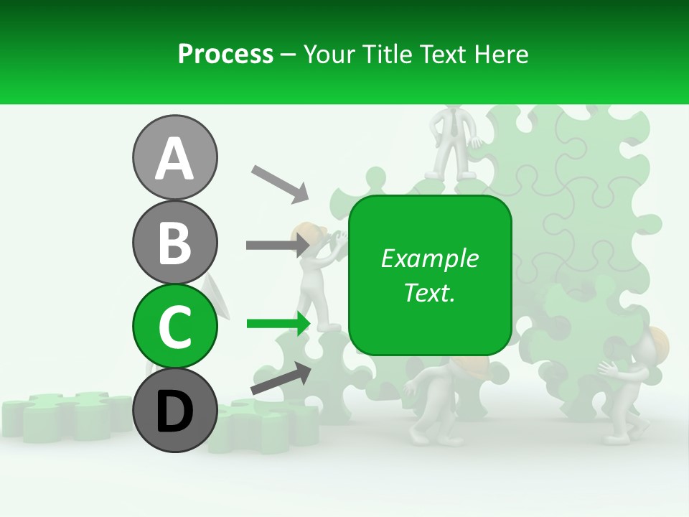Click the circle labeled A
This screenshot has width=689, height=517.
point(174,157)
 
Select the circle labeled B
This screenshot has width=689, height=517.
point(174,242)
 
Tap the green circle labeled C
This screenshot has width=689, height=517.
point(174,326)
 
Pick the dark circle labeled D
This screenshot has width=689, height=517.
point(174,410)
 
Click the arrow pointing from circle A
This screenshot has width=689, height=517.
point(279,182)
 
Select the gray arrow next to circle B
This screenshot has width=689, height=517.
point(277,245)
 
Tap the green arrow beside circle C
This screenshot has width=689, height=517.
point(278,324)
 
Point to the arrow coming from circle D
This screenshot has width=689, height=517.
point(281,378)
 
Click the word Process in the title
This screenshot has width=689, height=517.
point(225,54)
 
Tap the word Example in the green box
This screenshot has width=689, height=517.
point(429,258)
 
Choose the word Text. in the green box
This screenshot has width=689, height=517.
point(429,292)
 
